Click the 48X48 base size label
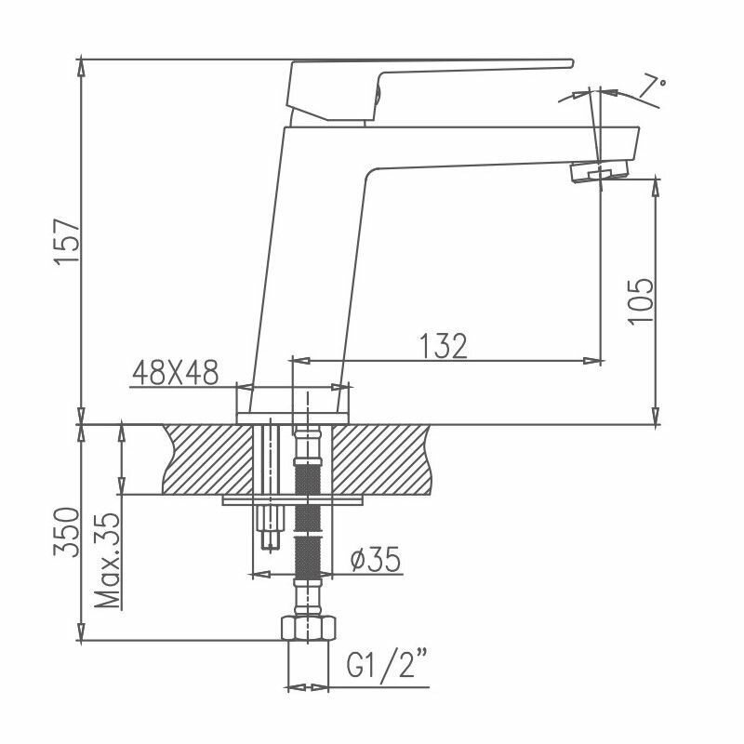pos(175,373)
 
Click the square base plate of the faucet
pos(294,406)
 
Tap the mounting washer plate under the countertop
pos(293,500)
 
